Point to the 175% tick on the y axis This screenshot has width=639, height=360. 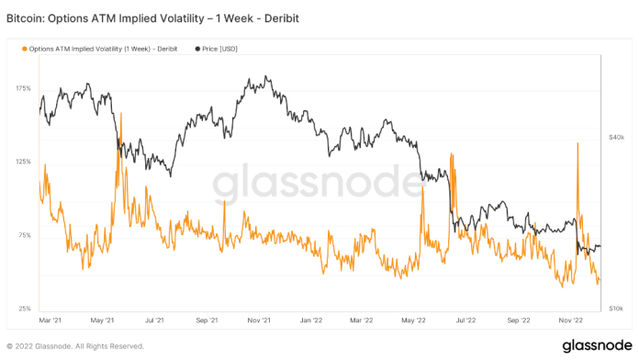click(23, 89)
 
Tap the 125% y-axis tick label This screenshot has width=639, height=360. click(23, 162)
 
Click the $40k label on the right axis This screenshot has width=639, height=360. click(616, 137)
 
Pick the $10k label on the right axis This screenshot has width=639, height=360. click(616, 309)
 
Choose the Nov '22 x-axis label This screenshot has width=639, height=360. click(573, 321)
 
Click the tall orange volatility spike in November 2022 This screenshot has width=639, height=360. click(577, 145)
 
